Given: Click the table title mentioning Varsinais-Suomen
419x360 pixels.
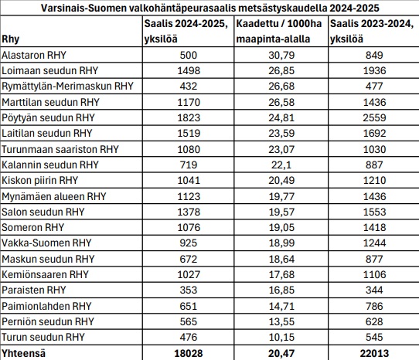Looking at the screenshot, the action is (x=209, y=8).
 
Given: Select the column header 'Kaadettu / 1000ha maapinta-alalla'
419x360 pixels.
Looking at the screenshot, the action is (x=279, y=31).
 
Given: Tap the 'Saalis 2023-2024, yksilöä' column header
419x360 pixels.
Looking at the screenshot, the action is (x=372, y=31).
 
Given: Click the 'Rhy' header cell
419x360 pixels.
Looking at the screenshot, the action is (x=10, y=39).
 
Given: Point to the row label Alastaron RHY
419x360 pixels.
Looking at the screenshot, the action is (x=34, y=55).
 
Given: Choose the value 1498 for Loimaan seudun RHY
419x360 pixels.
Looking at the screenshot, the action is (x=189, y=70).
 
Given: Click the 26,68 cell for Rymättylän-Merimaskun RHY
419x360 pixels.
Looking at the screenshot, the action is (x=281, y=86).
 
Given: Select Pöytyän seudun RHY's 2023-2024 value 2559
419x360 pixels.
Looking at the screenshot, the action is (x=374, y=117).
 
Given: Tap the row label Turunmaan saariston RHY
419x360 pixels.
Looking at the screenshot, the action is (x=60, y=149).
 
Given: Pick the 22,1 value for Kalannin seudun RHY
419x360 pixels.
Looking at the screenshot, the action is (x=281, y=165).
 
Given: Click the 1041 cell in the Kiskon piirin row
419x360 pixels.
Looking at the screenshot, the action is (x=189, y=180).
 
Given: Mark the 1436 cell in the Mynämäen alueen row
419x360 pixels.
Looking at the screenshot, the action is (x=374, y=196).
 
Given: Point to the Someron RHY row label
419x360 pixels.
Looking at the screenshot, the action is (x=33, y=227).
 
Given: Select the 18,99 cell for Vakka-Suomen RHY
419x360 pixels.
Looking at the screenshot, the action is (x=281, y=243).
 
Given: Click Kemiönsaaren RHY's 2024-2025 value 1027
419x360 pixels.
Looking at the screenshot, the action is (x=189, y=274).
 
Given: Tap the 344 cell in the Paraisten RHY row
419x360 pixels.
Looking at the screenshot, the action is (x=374, y=290).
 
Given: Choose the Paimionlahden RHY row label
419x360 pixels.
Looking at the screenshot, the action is (x=46, y=306).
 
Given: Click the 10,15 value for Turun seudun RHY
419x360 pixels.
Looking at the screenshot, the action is (x=281, y=337).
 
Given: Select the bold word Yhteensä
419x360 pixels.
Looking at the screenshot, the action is (x=23, y=353).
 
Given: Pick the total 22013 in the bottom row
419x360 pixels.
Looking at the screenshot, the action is (x=374, y=353).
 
